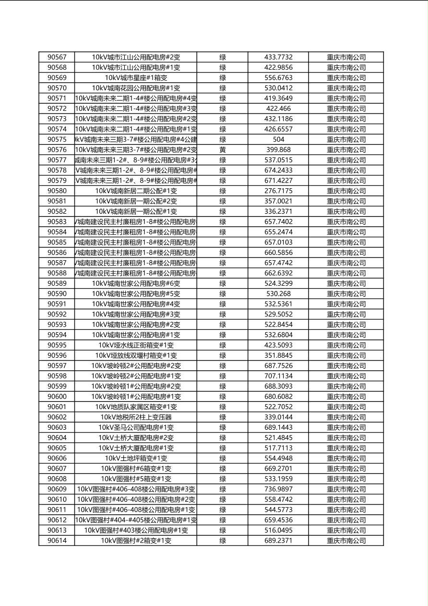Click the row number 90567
57,57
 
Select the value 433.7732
278,57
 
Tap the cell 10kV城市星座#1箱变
136,78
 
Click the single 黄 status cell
223,150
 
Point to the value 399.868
278,150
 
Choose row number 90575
57,139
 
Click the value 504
278,139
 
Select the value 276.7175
278,191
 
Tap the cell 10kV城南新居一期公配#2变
136,201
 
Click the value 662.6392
278,273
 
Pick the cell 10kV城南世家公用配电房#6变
136,283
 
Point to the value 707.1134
278,376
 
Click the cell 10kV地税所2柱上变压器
136,417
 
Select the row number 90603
57,427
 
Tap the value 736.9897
278,489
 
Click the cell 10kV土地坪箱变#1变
136,458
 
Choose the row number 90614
57,541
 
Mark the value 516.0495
278,530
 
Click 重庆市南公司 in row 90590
346,294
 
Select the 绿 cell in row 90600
223,397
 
